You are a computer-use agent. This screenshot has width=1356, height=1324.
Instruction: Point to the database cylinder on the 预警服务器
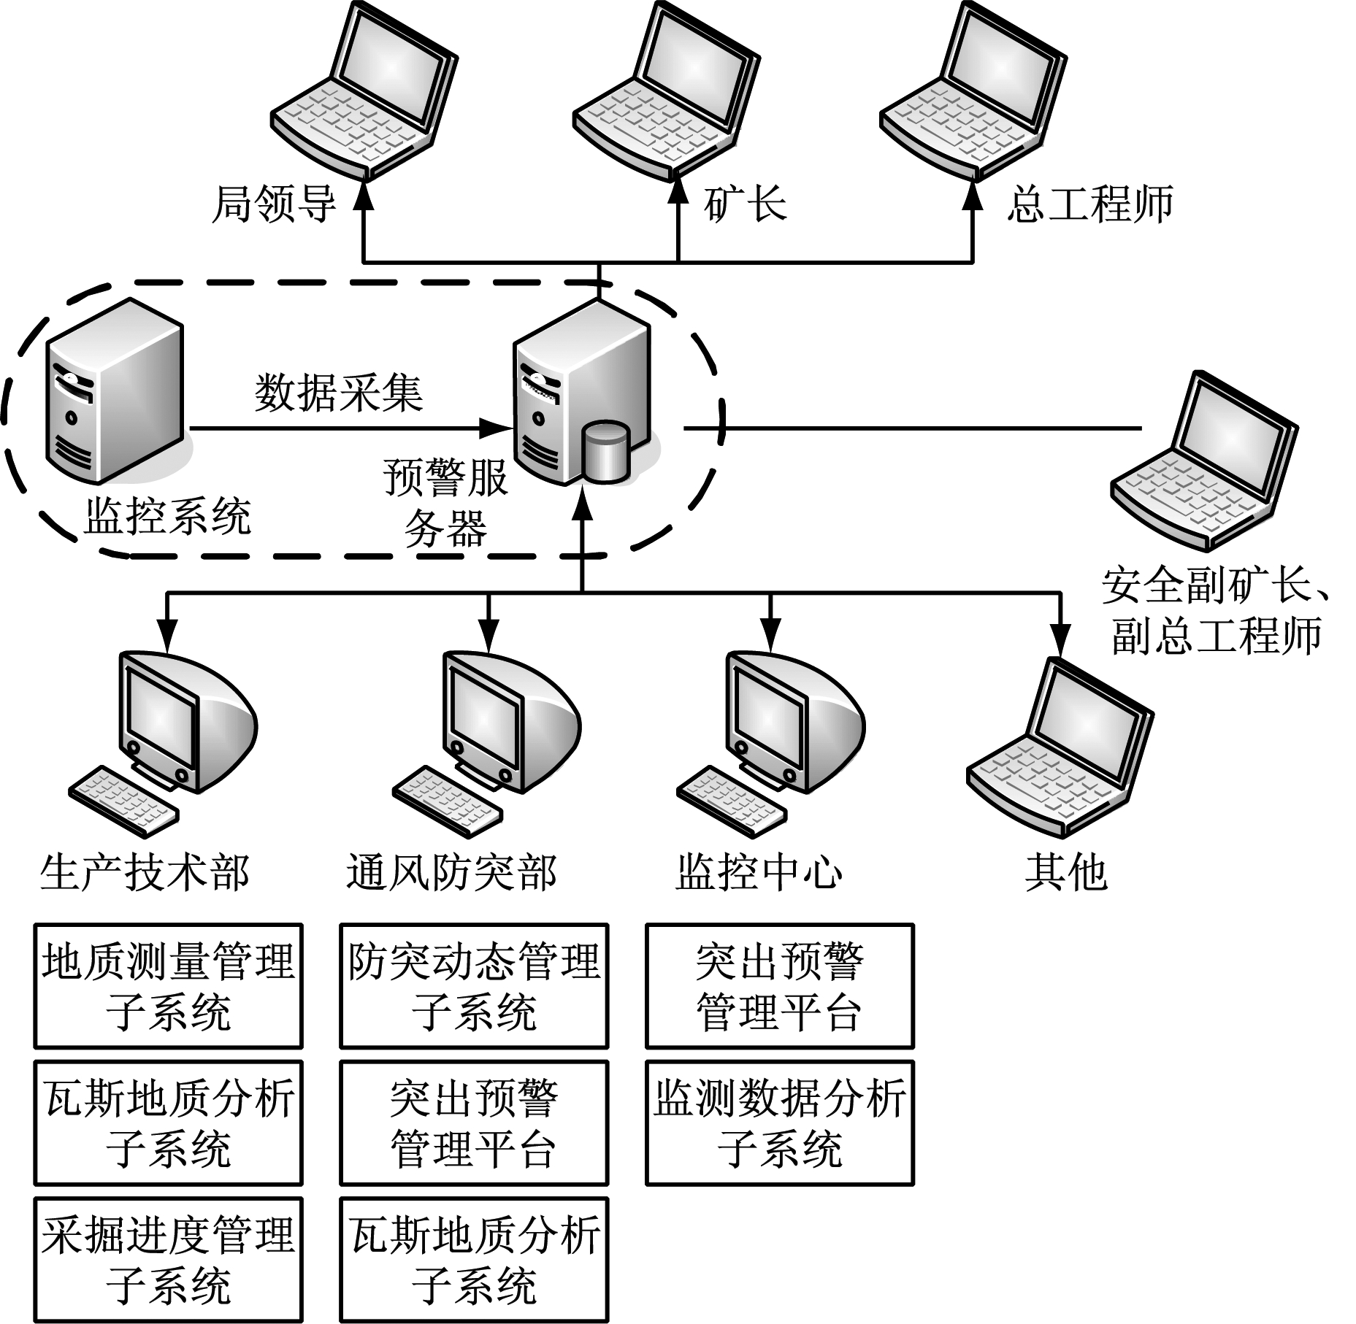[x=605, y=452]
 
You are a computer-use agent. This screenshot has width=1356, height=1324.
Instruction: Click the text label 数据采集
[x=339, y=393]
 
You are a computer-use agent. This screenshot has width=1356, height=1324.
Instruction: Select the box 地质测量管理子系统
[x=168, y=986]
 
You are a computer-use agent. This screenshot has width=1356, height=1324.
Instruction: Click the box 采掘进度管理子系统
[x=168, y=1260]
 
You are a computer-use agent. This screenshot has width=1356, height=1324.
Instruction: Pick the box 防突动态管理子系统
[x=474, y=986]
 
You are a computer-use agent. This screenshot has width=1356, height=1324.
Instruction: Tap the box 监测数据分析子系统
[x=780, y=1123]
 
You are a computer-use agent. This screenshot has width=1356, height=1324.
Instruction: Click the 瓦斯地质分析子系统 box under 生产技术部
[x=168, y=1123]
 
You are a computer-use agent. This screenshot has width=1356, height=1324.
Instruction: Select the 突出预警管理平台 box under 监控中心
[x=780, y=986]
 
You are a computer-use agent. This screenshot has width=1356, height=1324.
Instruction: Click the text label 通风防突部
[x=451, y=873]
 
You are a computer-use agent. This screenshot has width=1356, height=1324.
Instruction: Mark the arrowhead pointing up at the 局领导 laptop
[x=364, y=196]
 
